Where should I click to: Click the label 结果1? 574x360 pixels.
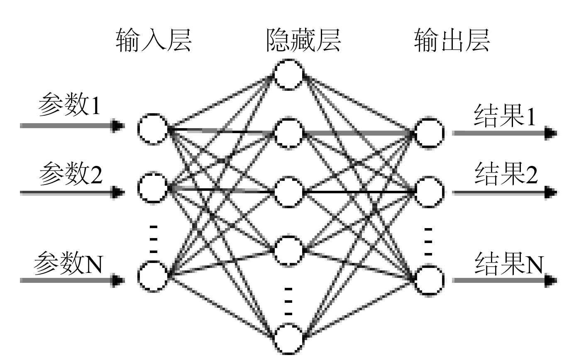506,117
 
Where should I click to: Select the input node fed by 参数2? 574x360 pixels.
153,189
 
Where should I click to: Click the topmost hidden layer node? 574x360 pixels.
289,75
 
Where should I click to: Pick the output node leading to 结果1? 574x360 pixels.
430,133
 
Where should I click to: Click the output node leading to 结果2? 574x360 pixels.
430,192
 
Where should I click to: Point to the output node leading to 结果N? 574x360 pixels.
430,280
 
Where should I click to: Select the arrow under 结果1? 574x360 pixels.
504,133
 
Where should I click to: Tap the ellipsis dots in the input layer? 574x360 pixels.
153,239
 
